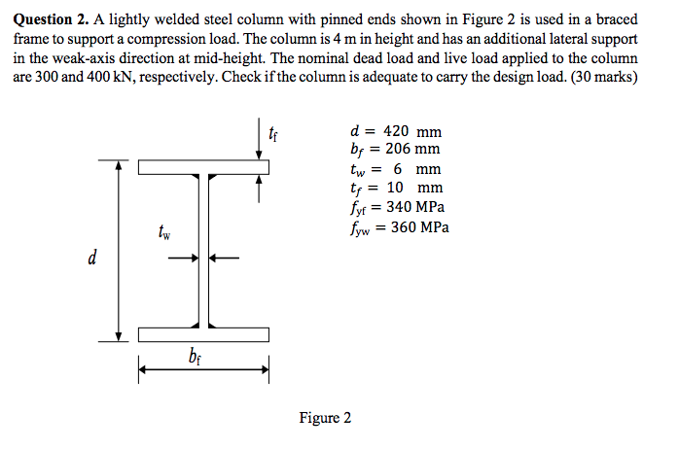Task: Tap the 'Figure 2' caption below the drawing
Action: click(x=326, y=418)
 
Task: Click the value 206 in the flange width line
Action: click(x=395, y=150)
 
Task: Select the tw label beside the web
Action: click(x=163, y=233)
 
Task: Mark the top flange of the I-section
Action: click(x=203, y=167)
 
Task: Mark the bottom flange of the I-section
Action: click(x=203, y=335)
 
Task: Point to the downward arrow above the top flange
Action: click(x=260, y=147)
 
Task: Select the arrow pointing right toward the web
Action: click(x=183, y=258)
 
